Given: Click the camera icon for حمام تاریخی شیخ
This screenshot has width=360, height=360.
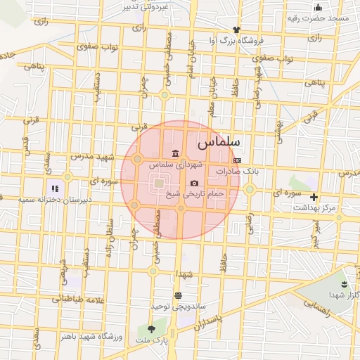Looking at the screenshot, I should coord(194,184).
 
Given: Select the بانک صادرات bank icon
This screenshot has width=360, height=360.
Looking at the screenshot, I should coord(236,161).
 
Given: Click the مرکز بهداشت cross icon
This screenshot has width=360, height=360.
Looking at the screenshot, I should coord(314,198).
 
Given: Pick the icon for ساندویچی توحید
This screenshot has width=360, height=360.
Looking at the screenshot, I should coord(177,296).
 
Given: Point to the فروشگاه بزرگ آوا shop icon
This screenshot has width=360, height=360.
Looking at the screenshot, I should coord(236,30).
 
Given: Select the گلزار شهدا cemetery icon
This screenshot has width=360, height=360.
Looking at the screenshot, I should coord(343,284).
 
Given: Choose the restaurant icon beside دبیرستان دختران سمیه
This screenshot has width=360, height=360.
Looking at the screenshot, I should coord(54,188).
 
